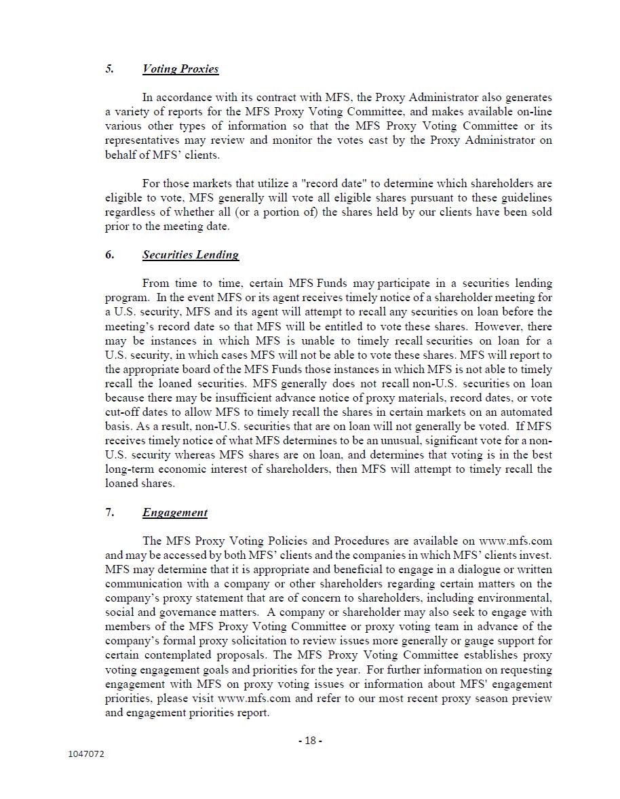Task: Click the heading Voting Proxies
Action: pyautogui.click(x=180, y=69)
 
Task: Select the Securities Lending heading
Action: pyautogui.click(x=190, y=255)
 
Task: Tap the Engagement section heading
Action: pyautogui.click(x=174, y=513)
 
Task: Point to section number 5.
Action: pyautogui.click(x=109, y=69)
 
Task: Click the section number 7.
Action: pyautogui.click(x=109, y=513)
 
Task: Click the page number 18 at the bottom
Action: pyautogui.click(x=310, y=741)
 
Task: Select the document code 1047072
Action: pyautogui.click(x=86, y=754)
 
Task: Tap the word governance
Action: pyautogui.click(x=192, y=612)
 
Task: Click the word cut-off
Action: pyautogui.click(x=125, y=412)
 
